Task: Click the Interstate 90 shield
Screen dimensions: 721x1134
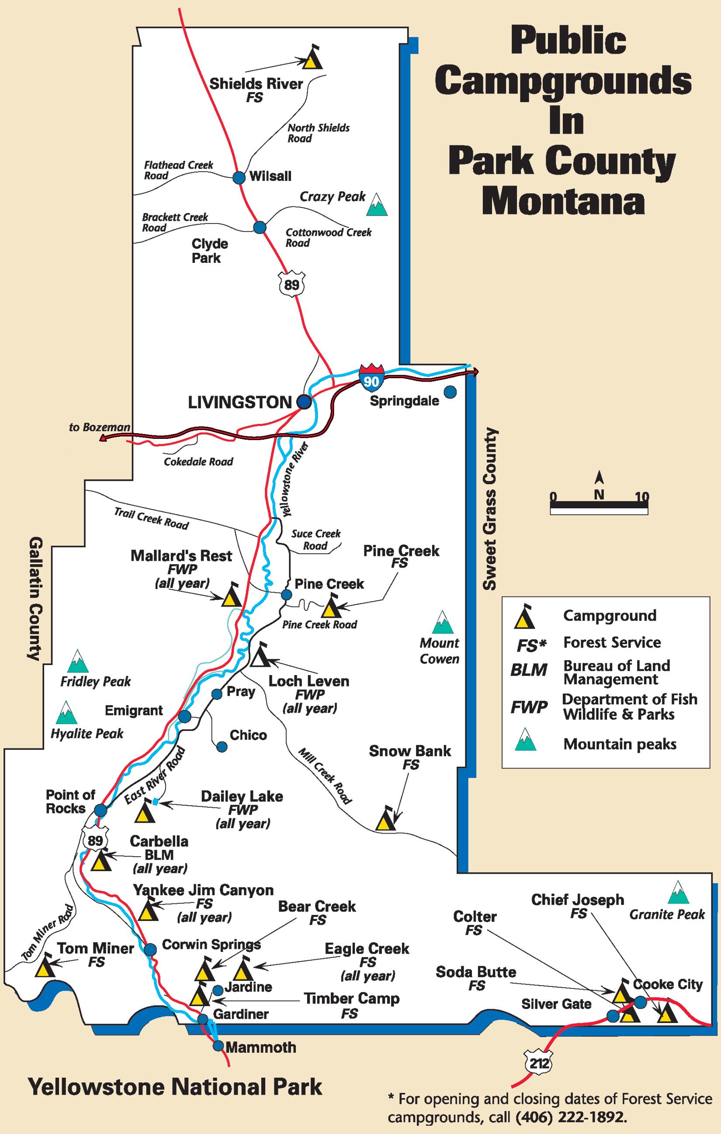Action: (x=371, y=376)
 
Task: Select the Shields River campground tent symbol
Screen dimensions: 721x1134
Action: (x=312, y=59)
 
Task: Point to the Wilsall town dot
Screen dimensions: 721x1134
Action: (x=239, y=177)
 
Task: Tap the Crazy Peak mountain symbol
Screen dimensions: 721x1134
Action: (x=377, y=204)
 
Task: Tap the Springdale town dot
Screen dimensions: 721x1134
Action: (x=451, y=391)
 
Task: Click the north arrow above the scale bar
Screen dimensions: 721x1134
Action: (x=599, y=478)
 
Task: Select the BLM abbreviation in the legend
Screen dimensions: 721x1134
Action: (x=529, y=670)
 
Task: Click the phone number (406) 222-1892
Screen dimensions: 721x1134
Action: (x=571, y=1117)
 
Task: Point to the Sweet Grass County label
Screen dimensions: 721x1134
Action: (x=491, y=508)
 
